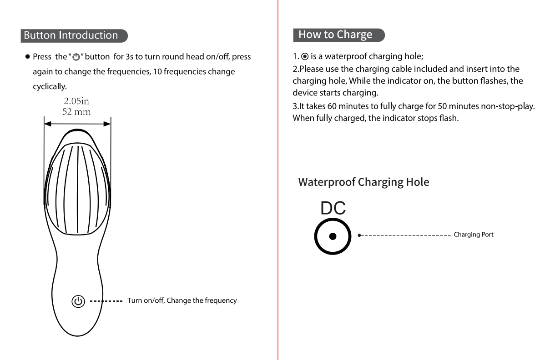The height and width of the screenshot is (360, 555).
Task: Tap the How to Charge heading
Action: [x=335, y=35]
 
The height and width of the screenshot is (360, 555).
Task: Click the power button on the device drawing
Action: [x=78, y=301]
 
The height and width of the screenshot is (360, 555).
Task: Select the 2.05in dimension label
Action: [x=76, y=101]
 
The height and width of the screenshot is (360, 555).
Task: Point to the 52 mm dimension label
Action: [x=76, y=112]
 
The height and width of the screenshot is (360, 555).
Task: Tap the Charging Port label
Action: [x=474, y=235]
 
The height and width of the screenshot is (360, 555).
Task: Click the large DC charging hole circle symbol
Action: [x=333, y=236]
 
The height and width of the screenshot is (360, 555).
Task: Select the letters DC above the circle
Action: [x=333, y=208]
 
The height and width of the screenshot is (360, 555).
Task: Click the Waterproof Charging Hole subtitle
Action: [x=363, y=182]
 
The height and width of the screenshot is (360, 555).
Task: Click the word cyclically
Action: [x=50, y=86]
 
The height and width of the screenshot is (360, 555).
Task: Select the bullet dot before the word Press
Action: [x=28, y=57]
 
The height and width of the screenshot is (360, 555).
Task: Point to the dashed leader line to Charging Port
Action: [x=405, y=236]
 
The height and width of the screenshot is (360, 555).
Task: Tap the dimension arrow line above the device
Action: [x=77, y=123]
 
